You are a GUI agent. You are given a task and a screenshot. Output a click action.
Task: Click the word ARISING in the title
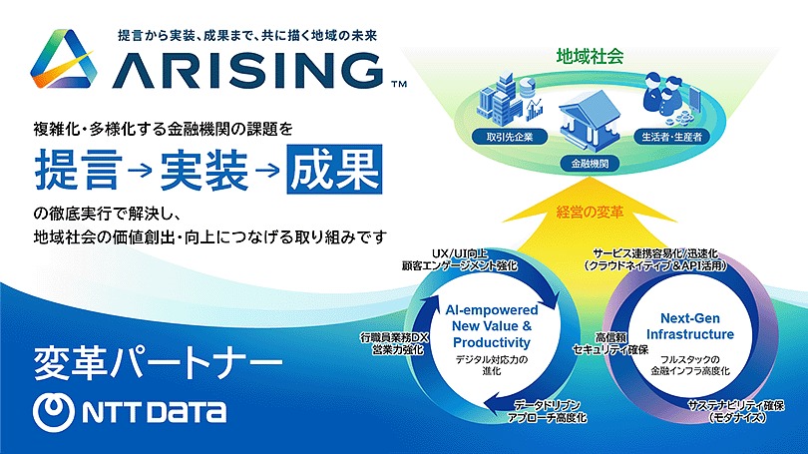tap(247, 71)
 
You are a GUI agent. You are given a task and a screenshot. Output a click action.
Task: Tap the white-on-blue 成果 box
tap(334, 169)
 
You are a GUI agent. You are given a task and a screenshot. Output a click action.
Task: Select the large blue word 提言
tap(79, 170)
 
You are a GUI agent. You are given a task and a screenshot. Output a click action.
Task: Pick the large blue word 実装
tap(204, 170)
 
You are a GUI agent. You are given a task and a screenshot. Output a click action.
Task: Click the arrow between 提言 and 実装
tap(141, 169)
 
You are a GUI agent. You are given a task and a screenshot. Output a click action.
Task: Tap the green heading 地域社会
tap(590, 56)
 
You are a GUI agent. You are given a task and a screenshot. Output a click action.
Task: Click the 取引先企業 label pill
tap(510, 137)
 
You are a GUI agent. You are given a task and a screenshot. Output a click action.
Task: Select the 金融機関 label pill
tap(590, 164)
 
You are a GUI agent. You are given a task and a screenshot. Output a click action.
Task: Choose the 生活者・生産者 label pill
tap(671, 137)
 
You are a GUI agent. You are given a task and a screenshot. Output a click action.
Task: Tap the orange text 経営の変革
tap(590, 212)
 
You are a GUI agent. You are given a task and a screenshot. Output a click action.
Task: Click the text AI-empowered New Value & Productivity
tap(492, 326)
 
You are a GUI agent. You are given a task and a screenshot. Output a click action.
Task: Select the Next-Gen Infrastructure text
tap(690, 326)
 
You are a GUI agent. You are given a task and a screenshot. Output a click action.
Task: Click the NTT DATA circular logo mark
tap(53, 412)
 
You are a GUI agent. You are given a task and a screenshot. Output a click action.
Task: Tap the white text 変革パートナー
tap(158, 363)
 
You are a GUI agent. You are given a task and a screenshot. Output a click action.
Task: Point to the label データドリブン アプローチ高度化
tap(547, 411)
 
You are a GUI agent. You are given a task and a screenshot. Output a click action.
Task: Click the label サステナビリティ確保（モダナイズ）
tap(736, 411)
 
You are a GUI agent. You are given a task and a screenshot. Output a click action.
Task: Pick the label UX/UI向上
tap(460, 253)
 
